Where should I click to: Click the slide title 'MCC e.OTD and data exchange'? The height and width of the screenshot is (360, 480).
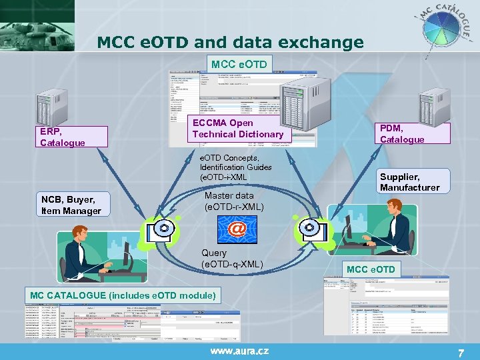pos(231,43)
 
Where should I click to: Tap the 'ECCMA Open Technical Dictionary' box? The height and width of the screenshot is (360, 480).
pos(238,129)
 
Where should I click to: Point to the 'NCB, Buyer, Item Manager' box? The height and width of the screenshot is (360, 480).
pos(71,205)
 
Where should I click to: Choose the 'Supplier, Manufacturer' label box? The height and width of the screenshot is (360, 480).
pos(409,182)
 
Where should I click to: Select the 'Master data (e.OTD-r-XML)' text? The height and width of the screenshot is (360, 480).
pos(234,201)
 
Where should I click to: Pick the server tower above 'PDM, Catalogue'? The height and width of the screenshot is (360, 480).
pos(434,107)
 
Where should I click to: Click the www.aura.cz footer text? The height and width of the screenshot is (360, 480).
pos(241,351)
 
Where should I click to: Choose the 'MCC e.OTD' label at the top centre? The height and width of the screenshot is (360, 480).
pos(239,64)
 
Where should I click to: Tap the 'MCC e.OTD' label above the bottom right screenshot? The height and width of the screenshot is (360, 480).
pos(371,269)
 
